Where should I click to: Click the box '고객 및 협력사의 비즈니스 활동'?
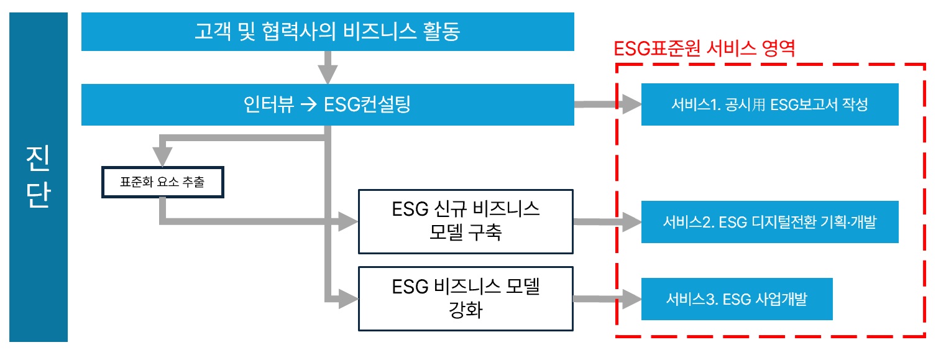(328, 32)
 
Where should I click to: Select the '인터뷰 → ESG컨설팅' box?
(328, 105)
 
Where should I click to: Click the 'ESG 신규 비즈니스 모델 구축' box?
(466, 222)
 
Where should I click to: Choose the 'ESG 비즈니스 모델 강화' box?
(466, 298)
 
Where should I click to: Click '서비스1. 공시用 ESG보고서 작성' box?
(769, 104)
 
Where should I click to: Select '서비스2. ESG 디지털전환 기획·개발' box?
(769, 222)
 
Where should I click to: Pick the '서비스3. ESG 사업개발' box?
(736, 299)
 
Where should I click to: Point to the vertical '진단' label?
(39, 177)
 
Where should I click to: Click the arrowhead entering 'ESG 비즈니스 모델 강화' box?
(348, 298)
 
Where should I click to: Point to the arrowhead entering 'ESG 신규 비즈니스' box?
(348, 220)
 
